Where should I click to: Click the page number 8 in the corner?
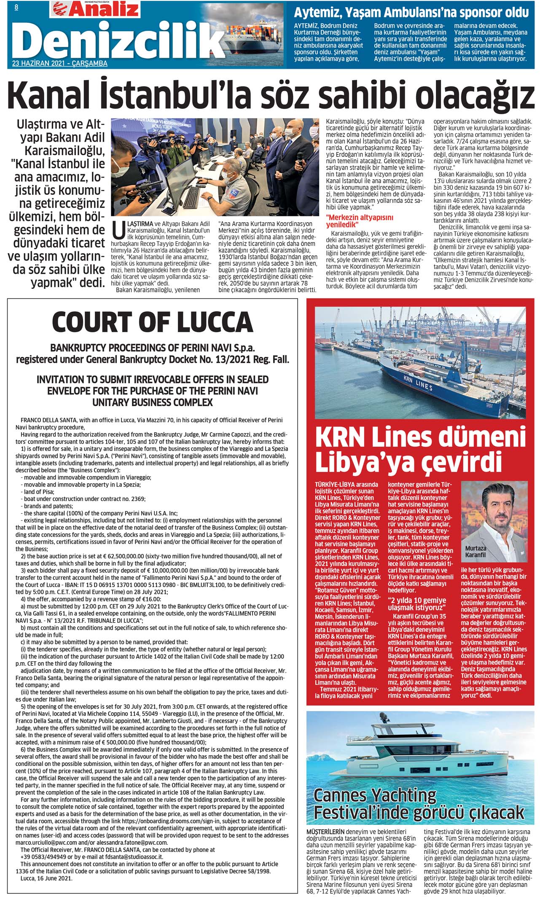(x=16, y=7)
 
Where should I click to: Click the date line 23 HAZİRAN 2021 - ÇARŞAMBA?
(x=60, y=64)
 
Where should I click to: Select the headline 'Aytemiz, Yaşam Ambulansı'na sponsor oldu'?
(x=411, y=12)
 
